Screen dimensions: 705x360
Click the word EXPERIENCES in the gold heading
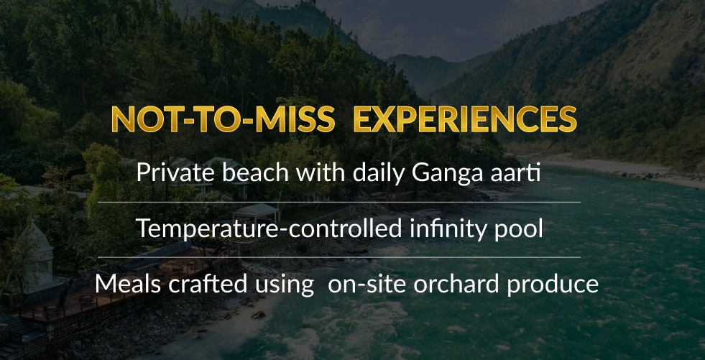(x=465, y=119)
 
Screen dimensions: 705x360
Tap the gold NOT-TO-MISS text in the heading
(x=223, y=119)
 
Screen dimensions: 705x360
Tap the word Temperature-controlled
(x=269, y=229)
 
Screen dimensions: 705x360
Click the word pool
(x=521, y=229)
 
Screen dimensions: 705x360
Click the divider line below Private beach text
(x=339, y=202)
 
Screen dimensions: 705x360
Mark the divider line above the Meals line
(x=339, y=257)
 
